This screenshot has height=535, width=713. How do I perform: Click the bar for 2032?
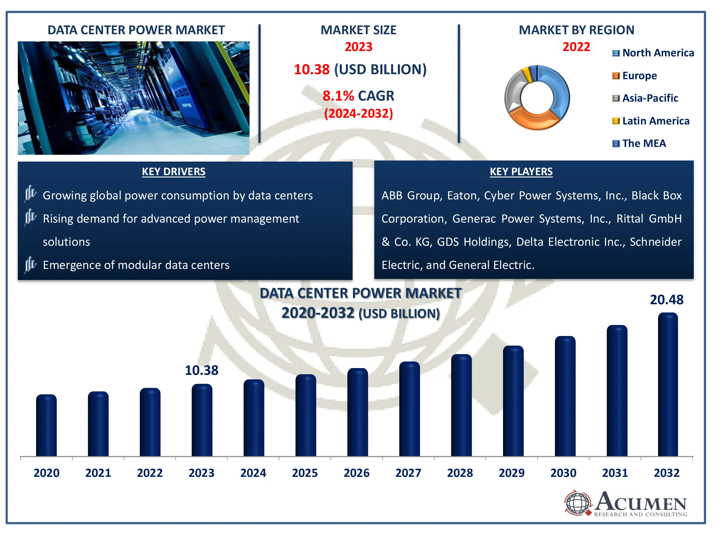pyautogui.click(x=668, y=385)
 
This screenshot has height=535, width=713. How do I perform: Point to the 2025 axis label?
pyautogui.click(x=305, y=473)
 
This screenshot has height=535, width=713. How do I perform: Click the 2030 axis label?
pyautogui.click(x=563, y=473)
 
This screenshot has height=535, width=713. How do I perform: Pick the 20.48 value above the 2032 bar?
pyautogui.click(x=667, y=300)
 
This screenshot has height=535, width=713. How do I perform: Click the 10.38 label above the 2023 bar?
pyautogui.click(x=201, y=371)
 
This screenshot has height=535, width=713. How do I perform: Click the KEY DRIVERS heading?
pyautogui.click(x=174, y=172)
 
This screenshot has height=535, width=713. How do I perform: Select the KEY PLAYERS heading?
pyautogui.click(x=521, y=172)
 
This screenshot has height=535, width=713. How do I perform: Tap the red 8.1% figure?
pyautogui.click(x=338, y=96)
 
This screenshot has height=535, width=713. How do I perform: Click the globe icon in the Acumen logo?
pyautogui.click(x=578, y=503)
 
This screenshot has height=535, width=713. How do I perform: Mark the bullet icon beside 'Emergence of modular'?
pyautogui.click(x=30, y=265)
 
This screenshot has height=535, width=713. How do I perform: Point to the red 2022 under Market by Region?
pyautogui.click(x=576, y=47)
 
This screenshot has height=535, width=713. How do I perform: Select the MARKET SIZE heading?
pyautogui.click(x=358, y=30)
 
